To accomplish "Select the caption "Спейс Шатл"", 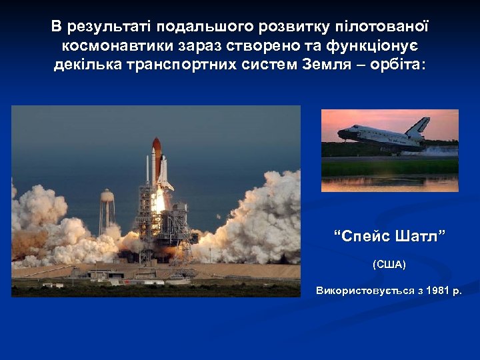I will (389, 236).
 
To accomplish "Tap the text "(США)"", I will (389, 265).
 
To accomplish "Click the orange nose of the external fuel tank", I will (156, 145).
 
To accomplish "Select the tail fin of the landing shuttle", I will (419, 125).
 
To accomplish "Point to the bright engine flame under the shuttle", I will (159, 200).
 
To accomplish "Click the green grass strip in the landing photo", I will (389, 167).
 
